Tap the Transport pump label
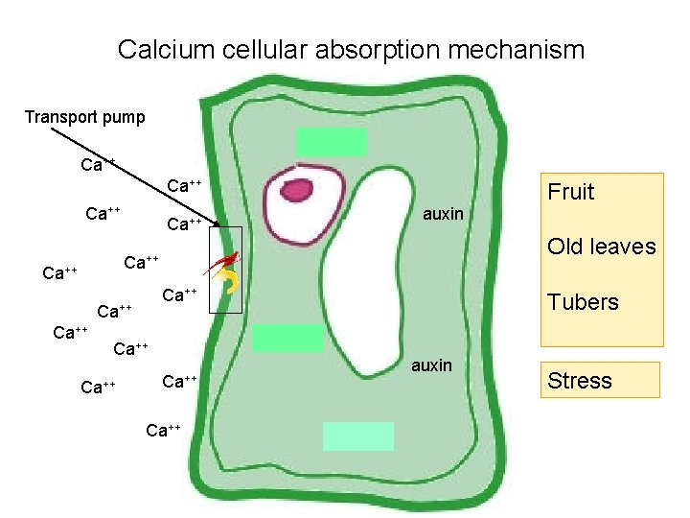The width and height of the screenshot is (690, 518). pyautogui.click(x=85, y=117)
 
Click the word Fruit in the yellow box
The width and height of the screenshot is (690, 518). pyautogui.click(x=571, y=192)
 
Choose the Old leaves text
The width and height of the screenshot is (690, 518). pyautogui.click(x=602, y=247)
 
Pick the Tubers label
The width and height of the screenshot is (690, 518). pyautogui.click(x=584, y=302)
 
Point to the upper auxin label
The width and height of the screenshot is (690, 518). pyautogui.click(x=443, y=214)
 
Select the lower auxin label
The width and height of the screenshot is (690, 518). pyautogui.click(x=431, y=365)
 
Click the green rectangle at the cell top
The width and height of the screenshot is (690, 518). pyautogui.click(x=331, y=142)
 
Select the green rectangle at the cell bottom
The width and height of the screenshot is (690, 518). pyautogui.click(x=357, y=436)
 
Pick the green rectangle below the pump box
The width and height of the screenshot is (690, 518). pyautogui.click(x=287, y=338)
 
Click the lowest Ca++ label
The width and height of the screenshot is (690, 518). pyautogui.click(x=163, y=430)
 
